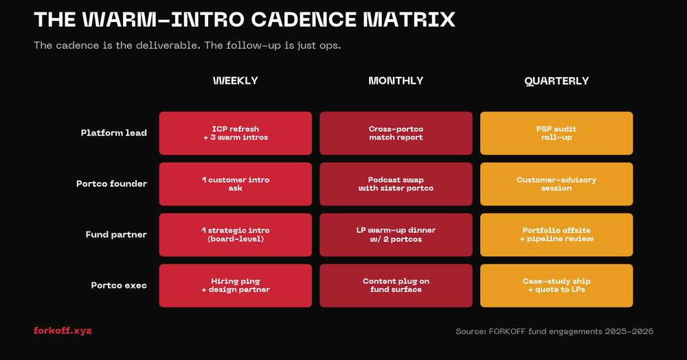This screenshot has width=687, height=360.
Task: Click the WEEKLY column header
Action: click(235, 80)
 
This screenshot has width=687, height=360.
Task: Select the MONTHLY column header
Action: click(396, 80)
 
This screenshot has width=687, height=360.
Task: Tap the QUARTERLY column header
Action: click(556, 80)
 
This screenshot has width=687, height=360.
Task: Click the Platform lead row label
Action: click(113, 133)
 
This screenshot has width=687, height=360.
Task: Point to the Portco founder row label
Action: click(111, 184)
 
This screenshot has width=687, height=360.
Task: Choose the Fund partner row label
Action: click(116, 235)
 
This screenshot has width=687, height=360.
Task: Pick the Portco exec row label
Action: click(119, 285)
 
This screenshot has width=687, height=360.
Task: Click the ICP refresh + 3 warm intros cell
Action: click(235, 133)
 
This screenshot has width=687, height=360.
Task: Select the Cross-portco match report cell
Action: click(396, 133)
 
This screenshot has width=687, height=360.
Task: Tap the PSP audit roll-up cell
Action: click(556, 133)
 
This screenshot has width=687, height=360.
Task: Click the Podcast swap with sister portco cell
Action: click(396, 184)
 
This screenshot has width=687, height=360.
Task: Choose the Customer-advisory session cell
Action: click(556, 184)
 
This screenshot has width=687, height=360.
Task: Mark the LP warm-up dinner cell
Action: click(396, 235)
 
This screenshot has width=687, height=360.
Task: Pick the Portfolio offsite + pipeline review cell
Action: click(556, 235)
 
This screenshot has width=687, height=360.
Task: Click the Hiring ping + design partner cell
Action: click(235, 285)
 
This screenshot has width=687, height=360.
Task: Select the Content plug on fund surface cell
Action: click(396, 285)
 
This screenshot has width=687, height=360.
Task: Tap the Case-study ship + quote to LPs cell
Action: click(556, 285)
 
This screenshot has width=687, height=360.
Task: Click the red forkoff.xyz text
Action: click(63, 331)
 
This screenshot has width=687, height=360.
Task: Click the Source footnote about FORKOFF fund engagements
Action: click(554, 332)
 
